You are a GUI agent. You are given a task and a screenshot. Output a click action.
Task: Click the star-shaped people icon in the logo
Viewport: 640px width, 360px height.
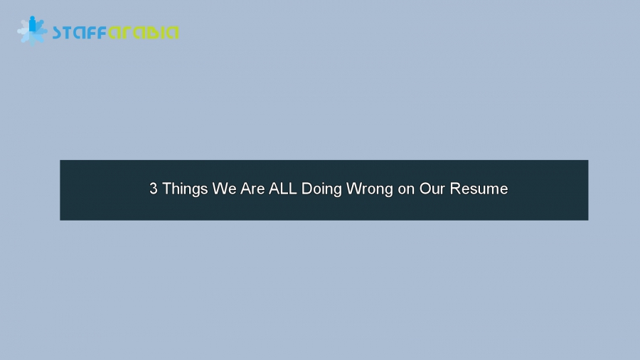pos(32,31)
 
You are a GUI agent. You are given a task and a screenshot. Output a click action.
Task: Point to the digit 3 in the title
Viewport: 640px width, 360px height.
pos(153,189)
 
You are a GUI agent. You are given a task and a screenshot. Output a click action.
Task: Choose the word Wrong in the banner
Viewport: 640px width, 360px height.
pos(370,189)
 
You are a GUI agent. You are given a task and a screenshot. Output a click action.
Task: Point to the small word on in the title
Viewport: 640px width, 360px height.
pos(406,189)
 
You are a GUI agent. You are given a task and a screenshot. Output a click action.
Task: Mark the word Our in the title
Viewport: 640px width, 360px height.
pos(432,189)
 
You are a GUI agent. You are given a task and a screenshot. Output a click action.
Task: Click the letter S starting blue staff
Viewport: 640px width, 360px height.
pos(58,33)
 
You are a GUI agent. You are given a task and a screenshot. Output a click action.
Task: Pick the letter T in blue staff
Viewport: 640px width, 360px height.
pos(68,33)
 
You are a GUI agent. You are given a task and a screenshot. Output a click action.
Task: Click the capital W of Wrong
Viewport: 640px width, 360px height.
pos(353,189)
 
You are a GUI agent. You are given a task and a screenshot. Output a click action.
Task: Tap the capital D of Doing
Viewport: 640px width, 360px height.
pos(306,189)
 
